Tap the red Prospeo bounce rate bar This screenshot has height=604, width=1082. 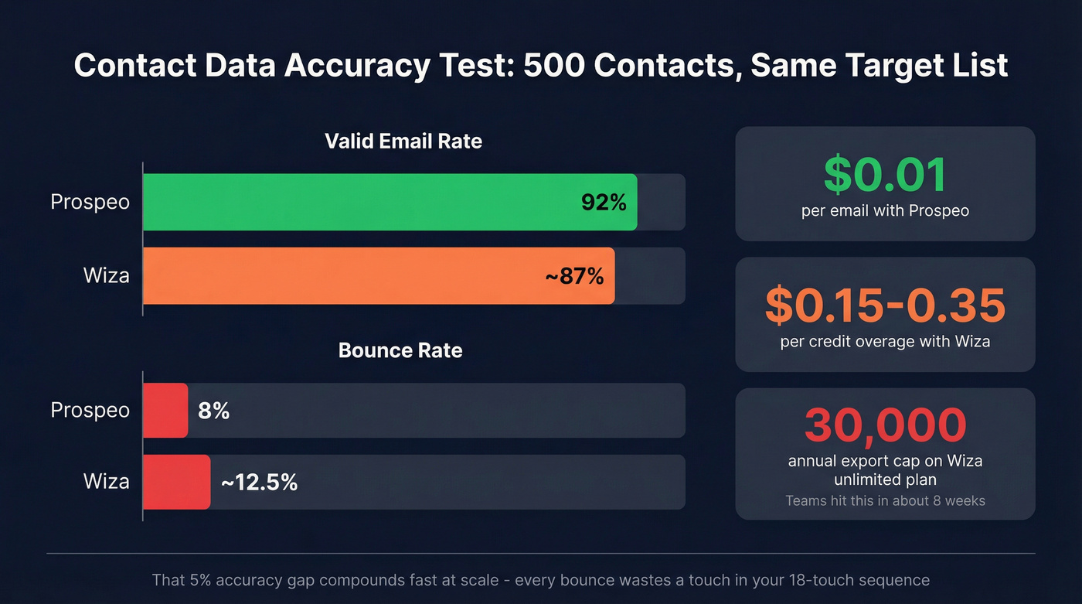pos(165,410)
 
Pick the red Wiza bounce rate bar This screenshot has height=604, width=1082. pos(177,482)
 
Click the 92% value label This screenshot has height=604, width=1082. pos(604,203)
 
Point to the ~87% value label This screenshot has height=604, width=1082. pos(574,276)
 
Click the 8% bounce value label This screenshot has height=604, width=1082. pos(213,411)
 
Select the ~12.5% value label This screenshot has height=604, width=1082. pos(259,483)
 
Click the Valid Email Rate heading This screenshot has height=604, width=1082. pos(403,142)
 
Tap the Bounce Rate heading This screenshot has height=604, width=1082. pos(400,350)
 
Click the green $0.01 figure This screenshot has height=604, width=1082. pos(885,174)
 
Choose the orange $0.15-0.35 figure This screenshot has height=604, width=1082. pos(885,305)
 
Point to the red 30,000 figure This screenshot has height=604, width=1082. pos(885,425)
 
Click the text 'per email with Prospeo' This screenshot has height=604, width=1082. pos(885,210)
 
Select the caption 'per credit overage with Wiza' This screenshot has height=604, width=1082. pos(885,341)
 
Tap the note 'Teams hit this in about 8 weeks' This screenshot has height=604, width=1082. pos(885,500)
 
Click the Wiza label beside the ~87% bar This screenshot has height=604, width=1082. pos(107,276)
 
